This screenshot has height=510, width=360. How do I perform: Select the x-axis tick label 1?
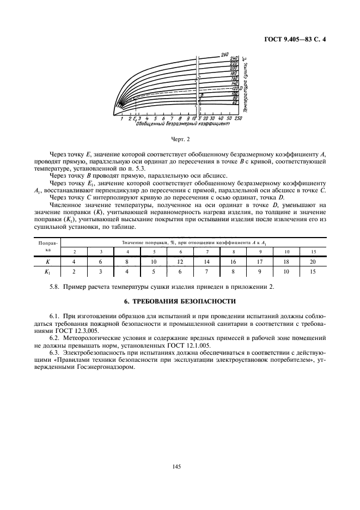[122, 118]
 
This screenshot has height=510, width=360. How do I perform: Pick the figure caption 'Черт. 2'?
[180, 141]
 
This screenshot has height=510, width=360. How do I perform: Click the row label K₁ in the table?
[48, 271]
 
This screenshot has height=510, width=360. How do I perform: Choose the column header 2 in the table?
[75, 251]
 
